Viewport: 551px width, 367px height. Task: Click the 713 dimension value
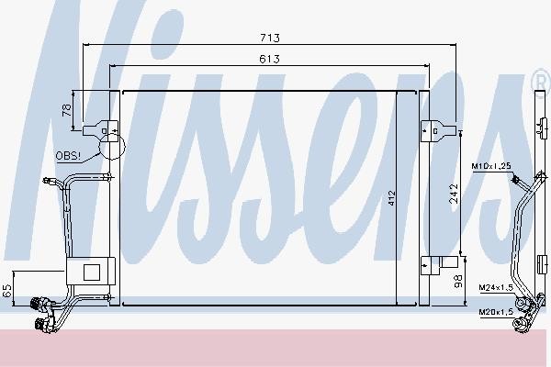(270, 38)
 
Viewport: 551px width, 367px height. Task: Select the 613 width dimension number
(269, 59)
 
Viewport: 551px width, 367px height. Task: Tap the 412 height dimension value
(392, 198)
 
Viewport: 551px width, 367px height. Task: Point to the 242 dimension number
(454, 194)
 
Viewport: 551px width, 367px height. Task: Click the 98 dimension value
(458, 282)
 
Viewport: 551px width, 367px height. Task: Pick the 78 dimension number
(67, 110)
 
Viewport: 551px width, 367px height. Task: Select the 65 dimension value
(7, 291)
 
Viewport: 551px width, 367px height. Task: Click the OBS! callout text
(68, 156)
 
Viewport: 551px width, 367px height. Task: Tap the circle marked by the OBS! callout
(112, 147)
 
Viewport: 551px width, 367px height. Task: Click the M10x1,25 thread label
(491, 166)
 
